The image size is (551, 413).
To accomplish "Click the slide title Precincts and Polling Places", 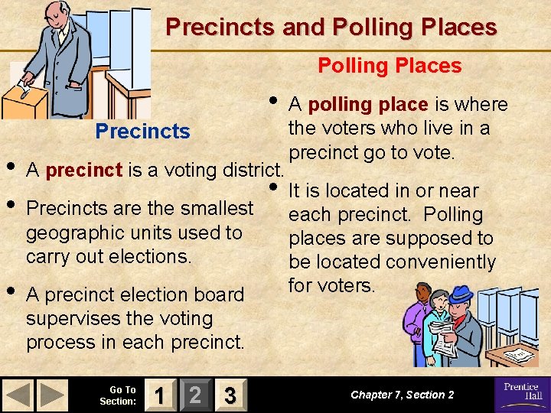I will click(x=331, y=28).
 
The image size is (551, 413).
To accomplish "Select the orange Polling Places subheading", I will click(x=390, y=66).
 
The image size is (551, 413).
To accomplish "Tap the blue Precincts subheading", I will click(x=142, y=131).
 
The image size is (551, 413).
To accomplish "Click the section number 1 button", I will click(x=159, y=395).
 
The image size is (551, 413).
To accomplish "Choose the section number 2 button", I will click(x=195, y=395).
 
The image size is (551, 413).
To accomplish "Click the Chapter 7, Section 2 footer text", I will click(x=402, y=395).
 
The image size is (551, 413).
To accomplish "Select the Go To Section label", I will click(x=119, y=395).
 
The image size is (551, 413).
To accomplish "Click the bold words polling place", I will click(x=367, y=105).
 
